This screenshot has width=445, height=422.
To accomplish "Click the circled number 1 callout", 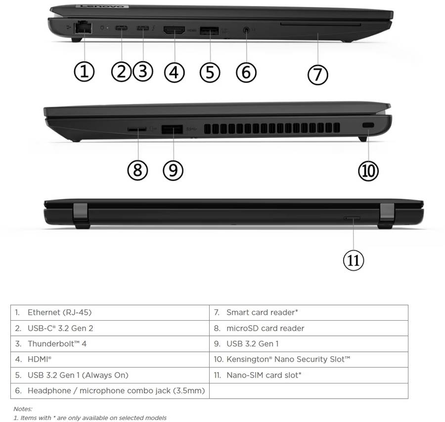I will [84, 72].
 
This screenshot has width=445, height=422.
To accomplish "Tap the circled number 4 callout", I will [174, 72].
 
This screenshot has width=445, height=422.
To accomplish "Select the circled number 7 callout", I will [317, 75].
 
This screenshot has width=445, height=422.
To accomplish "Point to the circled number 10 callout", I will [368, 170].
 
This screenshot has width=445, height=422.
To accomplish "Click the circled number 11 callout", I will [353, 260].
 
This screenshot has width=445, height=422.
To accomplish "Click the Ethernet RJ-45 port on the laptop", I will [81, 28].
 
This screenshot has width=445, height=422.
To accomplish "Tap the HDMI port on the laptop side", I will [174, 30].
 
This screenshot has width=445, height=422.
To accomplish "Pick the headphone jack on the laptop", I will [246, 30].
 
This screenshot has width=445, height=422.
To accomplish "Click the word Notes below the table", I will [23, 409].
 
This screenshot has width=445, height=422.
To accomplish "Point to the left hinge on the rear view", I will [80, 213].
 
